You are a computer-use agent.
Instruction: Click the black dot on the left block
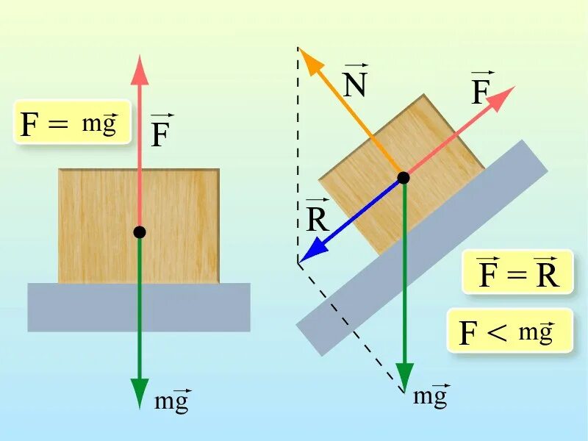point(140,232)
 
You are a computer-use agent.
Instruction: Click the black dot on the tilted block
point(403,177)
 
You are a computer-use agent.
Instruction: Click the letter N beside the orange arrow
point(355,86)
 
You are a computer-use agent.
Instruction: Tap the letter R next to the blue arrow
point(318,220)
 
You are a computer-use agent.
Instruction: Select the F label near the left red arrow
point(160,135)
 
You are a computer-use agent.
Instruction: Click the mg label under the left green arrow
point(172,401)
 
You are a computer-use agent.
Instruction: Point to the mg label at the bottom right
point(430,396)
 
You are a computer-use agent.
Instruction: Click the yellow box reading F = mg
point(72,123)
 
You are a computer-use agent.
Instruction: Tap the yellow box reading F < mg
point(509,331)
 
